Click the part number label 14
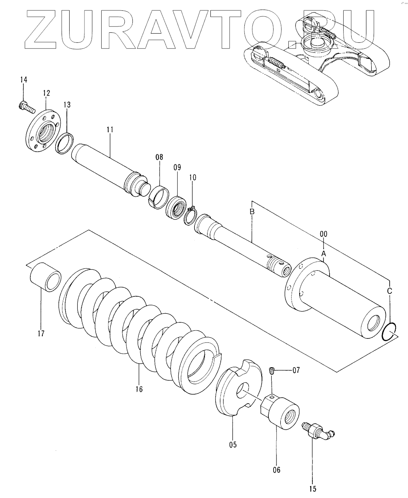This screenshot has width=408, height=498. pos(24,80)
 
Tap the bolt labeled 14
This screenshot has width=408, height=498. pos(26,108)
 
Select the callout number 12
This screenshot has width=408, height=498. pos(47,93)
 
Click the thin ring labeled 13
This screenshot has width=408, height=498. pos(64,143)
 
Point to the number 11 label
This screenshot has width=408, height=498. pos(110,129)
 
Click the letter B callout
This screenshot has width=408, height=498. pos(252,211)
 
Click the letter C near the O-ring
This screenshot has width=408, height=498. pos(390,291)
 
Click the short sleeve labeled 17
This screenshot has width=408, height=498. pos(45,277)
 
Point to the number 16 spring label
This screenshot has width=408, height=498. pos(139,389)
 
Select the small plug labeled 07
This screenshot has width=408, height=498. pos(272,370)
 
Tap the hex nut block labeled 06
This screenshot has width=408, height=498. pos(280,412)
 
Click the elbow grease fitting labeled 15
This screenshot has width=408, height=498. pos(318,431)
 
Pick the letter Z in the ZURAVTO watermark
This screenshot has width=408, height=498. pos(41,30)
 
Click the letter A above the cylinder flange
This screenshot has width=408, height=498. pos(324,254)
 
